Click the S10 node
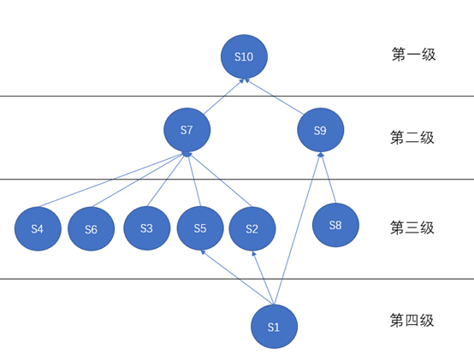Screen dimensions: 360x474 244,57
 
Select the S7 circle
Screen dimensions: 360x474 187,130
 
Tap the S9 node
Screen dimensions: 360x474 321,131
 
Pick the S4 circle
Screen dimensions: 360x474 38,228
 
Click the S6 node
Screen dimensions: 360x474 92,229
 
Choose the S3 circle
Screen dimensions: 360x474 146,228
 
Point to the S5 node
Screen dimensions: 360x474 200,228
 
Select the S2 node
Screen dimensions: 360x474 252,228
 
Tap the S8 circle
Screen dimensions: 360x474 335,225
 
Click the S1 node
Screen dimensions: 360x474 274,327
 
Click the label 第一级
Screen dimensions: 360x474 414,55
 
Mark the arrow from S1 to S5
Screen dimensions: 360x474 236,277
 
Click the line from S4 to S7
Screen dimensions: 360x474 111,180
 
